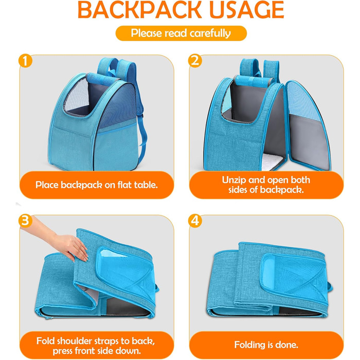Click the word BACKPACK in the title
(139, 10)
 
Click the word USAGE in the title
(246, 10)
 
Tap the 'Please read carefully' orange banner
(181, 33)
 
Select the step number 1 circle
(25, 61)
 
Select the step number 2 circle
(195, 61)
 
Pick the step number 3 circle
(25, 221)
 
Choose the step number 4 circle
(195, 221)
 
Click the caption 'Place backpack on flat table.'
(97, 185)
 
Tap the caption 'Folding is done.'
(266, 345)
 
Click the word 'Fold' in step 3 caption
(46, 341)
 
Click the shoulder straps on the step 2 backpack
(259, 68)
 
